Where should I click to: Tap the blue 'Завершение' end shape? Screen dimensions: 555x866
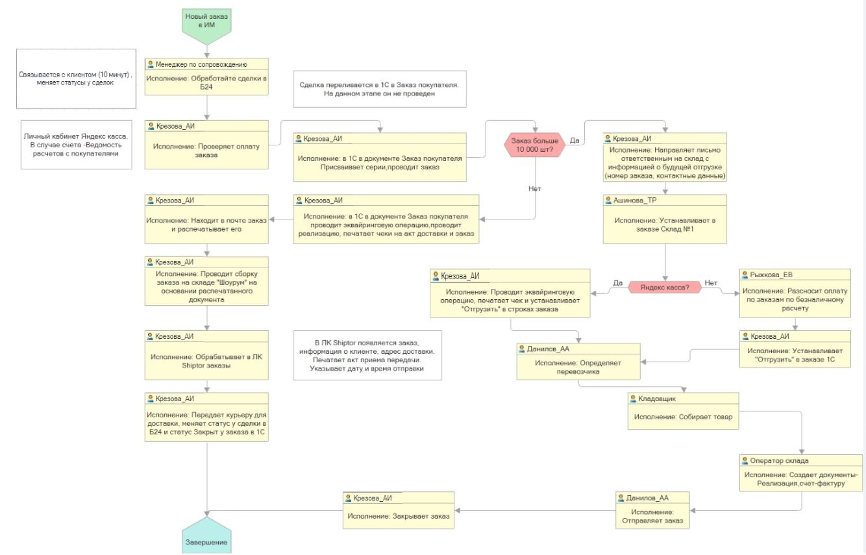tap(206, 538)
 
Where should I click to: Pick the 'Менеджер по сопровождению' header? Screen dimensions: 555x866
tap(206, 64)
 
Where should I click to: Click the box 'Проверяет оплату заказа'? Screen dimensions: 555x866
tap(206, 150)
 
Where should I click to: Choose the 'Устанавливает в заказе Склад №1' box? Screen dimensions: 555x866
tap(667, 225)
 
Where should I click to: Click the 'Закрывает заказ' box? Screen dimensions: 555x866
tap(399, 516)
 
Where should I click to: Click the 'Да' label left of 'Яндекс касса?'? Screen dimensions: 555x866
tap(617, 282)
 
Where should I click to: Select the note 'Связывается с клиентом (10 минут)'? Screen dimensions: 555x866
tap(76, 79)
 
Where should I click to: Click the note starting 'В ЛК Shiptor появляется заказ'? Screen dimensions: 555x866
tap(367, 356)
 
